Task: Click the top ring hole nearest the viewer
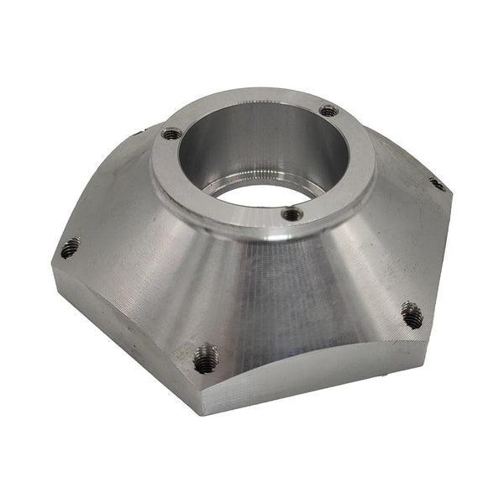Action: [x=291, y=214]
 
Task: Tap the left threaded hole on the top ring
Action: [x=171, y=133]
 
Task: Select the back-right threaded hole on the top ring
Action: [x=329, y=110]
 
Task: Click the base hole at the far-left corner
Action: [x=70, y=248]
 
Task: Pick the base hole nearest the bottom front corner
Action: [x=205, y=359]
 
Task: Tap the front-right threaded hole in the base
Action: [x=412, y=315]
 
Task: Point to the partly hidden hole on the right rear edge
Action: [x=437, y=182]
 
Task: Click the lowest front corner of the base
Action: [x=200, y=412]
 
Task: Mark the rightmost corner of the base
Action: [x=452, y=197]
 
